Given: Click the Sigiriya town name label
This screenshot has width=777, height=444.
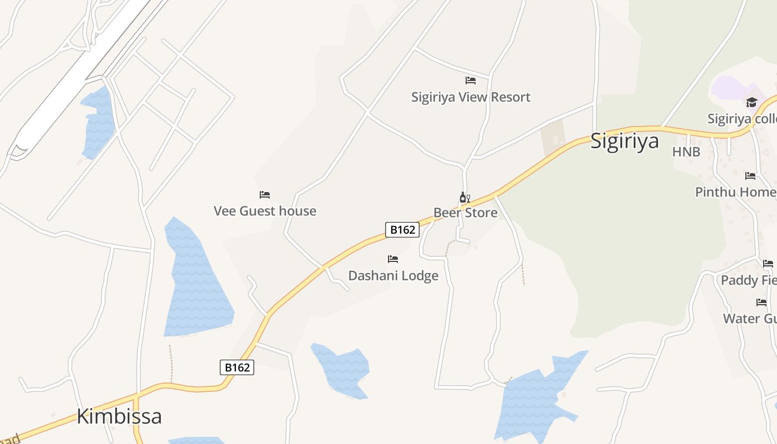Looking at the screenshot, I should point(624,140).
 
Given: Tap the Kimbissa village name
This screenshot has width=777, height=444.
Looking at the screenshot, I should point(119,416).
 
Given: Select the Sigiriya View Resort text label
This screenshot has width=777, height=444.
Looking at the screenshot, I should point(471,97).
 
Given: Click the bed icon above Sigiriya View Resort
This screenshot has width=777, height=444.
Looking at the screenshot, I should point(471,80).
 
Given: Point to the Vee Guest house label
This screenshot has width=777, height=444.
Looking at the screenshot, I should point(265,211).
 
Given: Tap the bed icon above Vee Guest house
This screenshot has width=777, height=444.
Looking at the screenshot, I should point(265,195).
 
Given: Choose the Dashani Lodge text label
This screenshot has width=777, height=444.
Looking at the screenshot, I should point(393,276).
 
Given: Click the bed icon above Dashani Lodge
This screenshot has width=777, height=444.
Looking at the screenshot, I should point(393,259).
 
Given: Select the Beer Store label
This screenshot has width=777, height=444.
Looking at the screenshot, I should point(465,213).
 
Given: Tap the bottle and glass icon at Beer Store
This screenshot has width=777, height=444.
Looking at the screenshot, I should point(465,198).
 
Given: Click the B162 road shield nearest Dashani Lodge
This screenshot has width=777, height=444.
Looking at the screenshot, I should point(402,230).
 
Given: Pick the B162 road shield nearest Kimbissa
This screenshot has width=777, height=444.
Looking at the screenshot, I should point(237,367).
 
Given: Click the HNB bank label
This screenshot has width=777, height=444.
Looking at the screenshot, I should point(686,152).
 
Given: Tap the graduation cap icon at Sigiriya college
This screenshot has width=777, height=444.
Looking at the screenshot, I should point(751,103).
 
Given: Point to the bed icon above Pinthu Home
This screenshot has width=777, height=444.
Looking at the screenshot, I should point(750,176).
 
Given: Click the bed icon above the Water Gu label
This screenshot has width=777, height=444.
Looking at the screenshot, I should point(761,302).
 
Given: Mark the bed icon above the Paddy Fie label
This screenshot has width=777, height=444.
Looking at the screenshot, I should point(768,264).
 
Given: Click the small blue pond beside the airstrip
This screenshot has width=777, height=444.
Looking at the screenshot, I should point(98,122).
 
